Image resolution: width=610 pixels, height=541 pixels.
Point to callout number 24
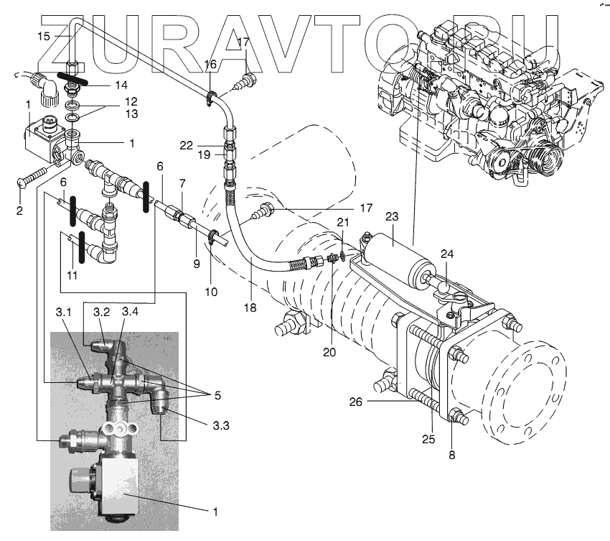[448, 254]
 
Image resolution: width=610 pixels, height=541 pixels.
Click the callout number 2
[19, 211]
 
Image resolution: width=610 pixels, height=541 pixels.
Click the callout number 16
[210, 64]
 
